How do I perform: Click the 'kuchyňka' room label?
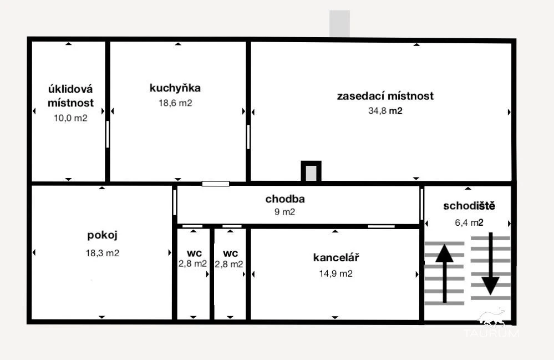[x=175, y=88]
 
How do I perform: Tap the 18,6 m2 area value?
[x=175, y=103]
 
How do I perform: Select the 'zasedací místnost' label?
[x=385, y=96]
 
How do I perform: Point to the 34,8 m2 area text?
[x=385, y=111]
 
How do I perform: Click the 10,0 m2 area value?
[x=70, y=118]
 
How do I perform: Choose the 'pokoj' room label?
[x=103, y=235]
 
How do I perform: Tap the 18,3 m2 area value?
[x=103, y=253]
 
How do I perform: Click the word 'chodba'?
[x=285, y=199]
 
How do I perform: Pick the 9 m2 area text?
[x=285, y=212]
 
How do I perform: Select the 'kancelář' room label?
[x=336, y=257]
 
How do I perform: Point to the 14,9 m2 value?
[x=336, y=273]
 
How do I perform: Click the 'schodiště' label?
[x=469, y=206]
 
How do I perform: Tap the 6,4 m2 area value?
[x=469, y=222]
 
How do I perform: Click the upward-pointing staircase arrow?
[x=444, y=273]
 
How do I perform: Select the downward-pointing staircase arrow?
[x=490, y=263]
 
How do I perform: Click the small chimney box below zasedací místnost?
[x=311, y=172]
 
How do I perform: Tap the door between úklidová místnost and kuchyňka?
[x=108, y=134]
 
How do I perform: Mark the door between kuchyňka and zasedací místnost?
[x=248, y=136]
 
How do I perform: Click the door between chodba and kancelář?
[x=381, y=226]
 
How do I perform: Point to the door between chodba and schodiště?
[x=421, y=204]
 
